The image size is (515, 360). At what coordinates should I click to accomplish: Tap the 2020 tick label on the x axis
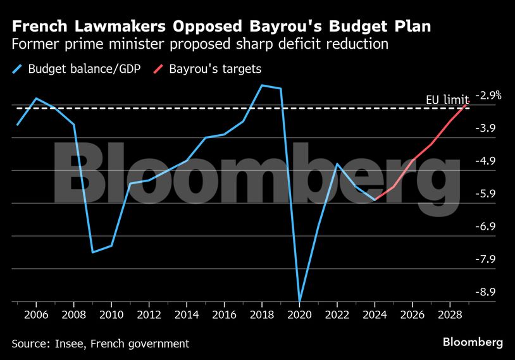coord(299,314)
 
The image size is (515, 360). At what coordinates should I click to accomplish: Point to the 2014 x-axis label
coord(187,314)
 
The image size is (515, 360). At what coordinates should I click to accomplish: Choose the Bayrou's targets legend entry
coord(214,69)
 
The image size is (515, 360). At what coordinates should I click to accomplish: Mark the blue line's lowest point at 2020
coord(299,301)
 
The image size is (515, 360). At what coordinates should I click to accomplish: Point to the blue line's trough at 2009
coord(93,252)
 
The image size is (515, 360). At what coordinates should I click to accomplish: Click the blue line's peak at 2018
coord(262,85)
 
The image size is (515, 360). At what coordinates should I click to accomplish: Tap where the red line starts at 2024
coord(375,199)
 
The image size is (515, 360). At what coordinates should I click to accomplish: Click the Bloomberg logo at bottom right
coord(473,342)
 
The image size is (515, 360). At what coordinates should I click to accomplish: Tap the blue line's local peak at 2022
coord(337,164)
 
